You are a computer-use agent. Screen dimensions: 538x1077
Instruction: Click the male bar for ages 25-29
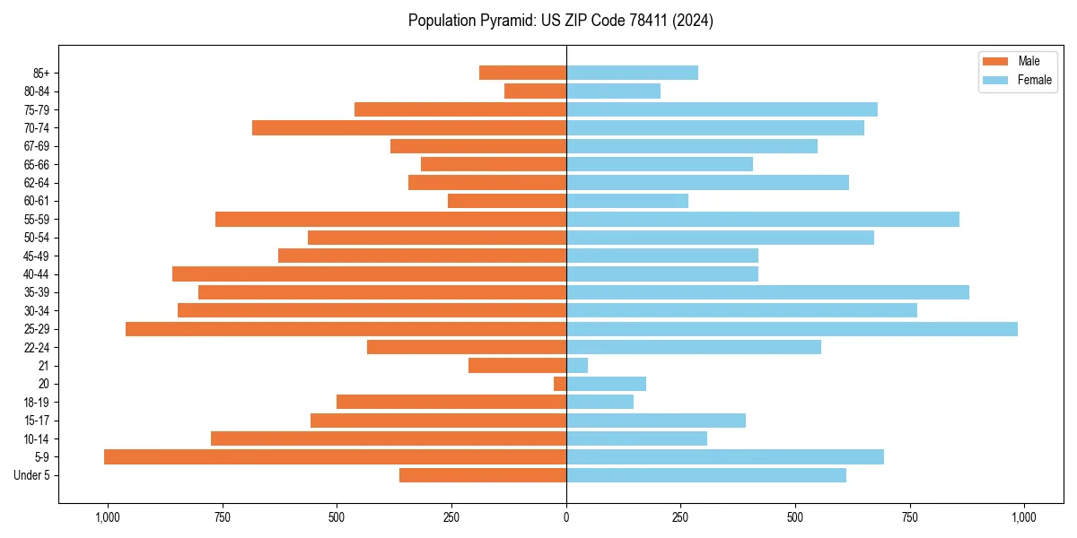click(346, 329)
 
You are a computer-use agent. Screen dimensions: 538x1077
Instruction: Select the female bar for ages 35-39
click(767, 292)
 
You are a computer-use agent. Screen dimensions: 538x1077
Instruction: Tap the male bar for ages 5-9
click(335, 457)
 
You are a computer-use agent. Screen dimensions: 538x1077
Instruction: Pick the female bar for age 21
click(577, 366)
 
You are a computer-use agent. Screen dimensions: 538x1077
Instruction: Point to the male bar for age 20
click(560, 384)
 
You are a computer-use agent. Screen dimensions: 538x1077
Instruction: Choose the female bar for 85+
click(632, 73)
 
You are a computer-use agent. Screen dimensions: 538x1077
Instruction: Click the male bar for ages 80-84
click(535, 91)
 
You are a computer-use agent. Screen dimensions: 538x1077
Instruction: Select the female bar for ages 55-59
click(763, 220)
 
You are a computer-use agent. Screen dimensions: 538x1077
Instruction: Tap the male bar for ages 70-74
click(409, 127)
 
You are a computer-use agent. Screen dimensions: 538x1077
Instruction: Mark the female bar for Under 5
click(706, 475)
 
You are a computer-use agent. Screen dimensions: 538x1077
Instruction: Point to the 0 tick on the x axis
click(566, 517)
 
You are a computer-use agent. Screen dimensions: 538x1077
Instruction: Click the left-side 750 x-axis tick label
click(222, 517)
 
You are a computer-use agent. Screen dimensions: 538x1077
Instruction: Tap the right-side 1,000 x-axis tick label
click(1024, 517)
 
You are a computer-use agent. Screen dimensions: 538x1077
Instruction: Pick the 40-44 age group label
click(37, 274)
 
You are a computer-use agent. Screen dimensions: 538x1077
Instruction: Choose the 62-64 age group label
click(37, 183)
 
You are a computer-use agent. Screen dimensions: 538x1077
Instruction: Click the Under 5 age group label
click(32, 475)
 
